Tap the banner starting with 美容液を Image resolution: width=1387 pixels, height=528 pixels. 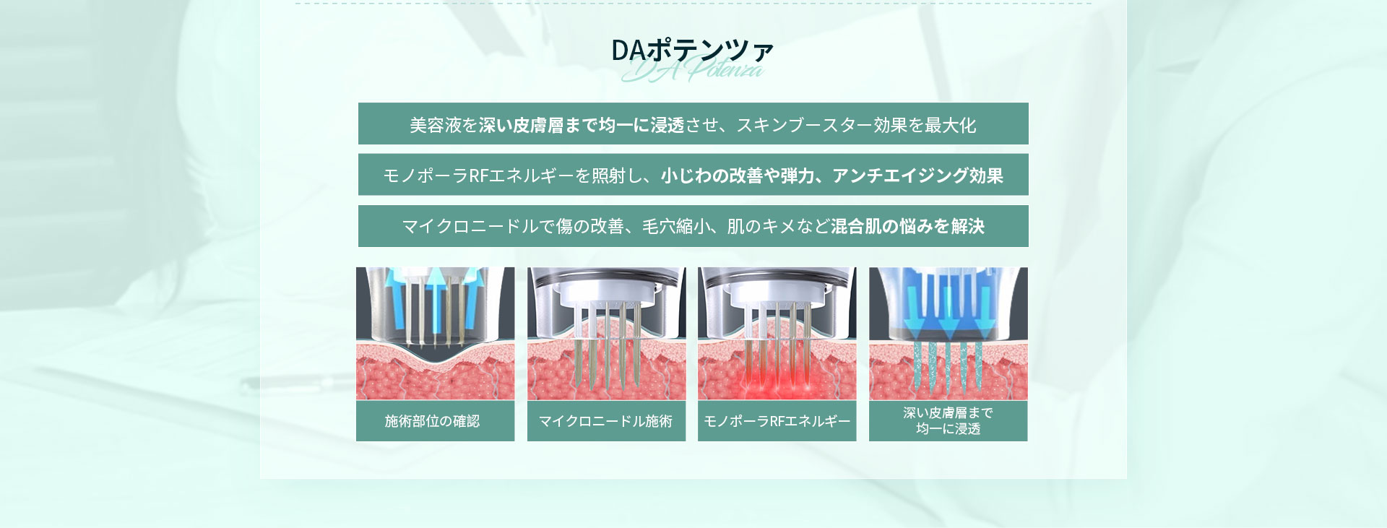693,124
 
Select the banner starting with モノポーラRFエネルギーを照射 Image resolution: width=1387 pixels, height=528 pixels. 693,174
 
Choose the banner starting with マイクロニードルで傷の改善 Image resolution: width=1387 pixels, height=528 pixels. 693,226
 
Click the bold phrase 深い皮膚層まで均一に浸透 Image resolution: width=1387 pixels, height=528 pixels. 582,125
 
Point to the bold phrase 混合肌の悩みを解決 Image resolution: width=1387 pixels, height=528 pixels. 907,226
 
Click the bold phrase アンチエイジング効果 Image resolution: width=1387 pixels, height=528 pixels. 917,176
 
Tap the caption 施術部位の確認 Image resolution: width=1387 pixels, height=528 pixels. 432,421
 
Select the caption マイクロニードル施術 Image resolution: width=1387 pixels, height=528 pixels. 605,421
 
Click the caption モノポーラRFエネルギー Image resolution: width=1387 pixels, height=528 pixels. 777,421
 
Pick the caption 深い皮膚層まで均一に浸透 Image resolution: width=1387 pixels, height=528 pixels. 948,420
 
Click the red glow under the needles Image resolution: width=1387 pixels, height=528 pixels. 777,383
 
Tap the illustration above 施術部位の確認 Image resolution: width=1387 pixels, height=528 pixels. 436,334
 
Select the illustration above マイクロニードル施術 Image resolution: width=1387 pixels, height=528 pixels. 606,334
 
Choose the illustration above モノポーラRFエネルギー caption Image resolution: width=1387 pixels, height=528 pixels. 777,334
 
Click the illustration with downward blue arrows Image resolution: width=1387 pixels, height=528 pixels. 948,334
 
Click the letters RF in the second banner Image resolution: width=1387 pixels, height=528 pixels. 479,176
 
